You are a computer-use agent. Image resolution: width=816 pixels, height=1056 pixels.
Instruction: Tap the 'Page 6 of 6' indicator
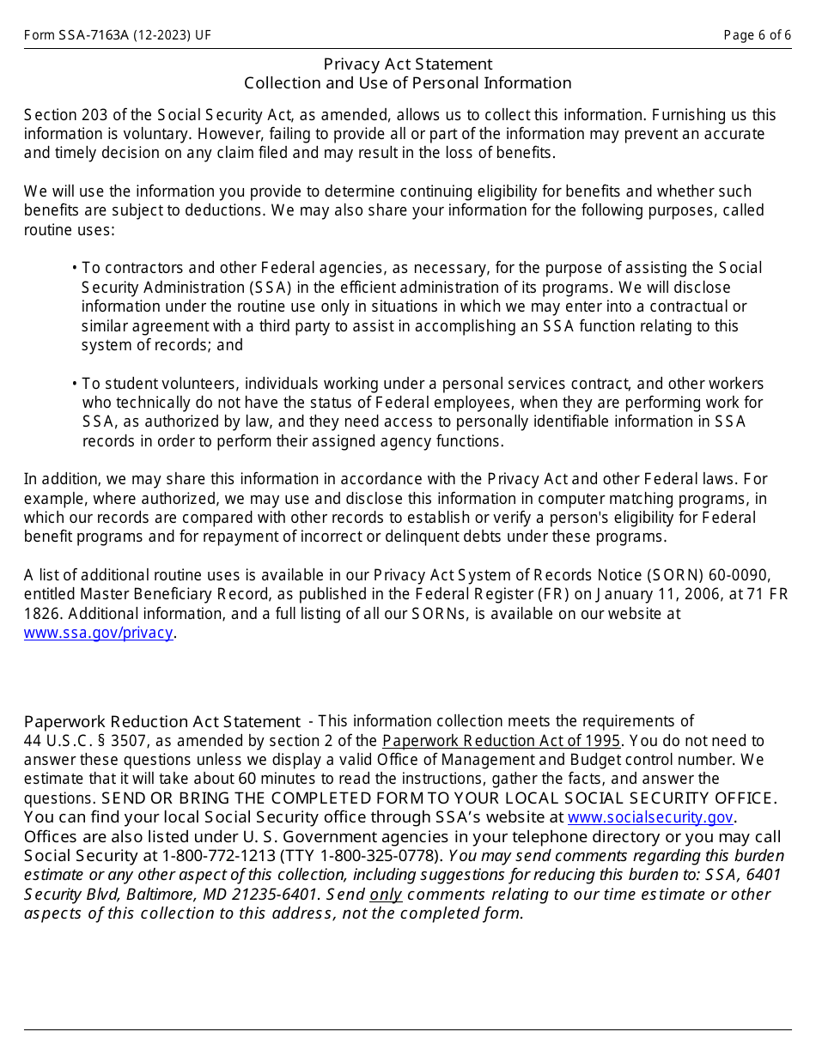tap(757, 35)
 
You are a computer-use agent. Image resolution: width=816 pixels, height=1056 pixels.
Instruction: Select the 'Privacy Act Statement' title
tap(408, 64)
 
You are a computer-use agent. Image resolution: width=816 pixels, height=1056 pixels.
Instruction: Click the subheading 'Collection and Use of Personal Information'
tap(408, 83)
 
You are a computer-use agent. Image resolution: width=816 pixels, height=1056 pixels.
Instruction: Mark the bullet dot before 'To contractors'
tap(75, 269)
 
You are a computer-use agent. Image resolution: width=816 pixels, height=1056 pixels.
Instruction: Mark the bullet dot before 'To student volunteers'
tap(75, 384)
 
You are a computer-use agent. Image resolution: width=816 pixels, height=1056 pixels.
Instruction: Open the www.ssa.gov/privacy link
tap(99, 633)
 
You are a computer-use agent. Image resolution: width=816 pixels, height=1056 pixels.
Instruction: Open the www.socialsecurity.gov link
tap(650, 817)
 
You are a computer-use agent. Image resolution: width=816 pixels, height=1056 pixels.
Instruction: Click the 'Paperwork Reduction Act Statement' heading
tap(162, 722)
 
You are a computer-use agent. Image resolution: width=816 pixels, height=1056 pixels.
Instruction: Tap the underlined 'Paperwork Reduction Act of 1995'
tap(501, 741)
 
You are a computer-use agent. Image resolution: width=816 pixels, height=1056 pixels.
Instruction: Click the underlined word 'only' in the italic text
tap(386, 894)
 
